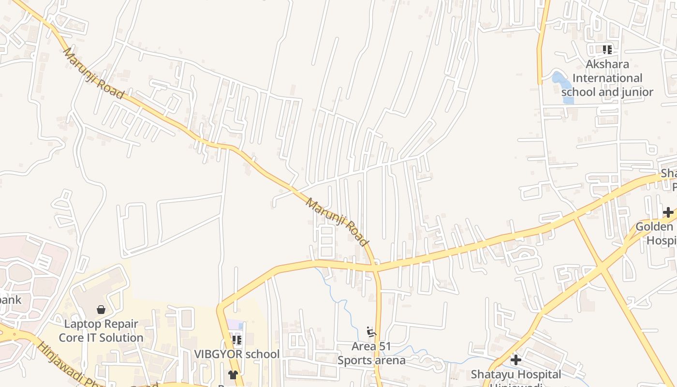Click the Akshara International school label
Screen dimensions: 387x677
tap(607, 78)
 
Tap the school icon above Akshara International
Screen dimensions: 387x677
tap(607, 49)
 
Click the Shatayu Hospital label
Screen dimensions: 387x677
tap(516, 374)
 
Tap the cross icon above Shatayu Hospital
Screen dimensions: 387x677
tap(516, 360)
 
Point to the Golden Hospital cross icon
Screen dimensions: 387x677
tap(668, 212)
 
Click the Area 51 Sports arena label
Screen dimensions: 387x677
tap(371, 353)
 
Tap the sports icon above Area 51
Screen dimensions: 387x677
tap(371, 332)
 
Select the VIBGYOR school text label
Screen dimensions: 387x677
tap(237, 354)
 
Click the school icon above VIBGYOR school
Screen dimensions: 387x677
tap(236, 340)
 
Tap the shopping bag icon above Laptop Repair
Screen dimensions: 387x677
tap(101, 310)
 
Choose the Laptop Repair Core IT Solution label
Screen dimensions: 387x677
tap(101, 331)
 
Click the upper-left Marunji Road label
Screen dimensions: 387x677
tap(93, 73)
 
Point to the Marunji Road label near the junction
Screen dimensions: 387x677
tap(337, 222)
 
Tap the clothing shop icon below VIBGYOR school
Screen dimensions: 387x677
tap(233, 374)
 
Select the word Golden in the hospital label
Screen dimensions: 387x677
tap(654, 227)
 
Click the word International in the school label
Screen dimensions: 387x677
tap(607, 78)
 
